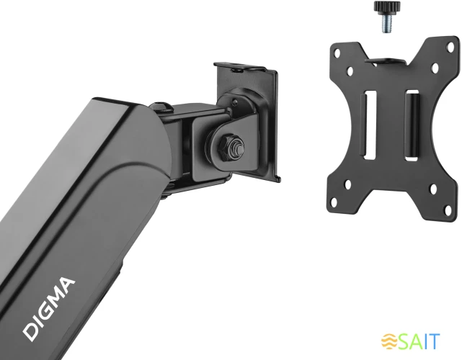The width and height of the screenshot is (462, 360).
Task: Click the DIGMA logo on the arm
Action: coord(48,308)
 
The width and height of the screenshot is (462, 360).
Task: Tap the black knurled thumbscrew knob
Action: coord(387,7)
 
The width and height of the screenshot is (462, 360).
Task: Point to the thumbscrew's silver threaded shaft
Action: coord(387,23)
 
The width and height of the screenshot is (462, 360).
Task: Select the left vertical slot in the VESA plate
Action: coord(370,125)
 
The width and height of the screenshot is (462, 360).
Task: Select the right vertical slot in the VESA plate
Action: coord(412,125)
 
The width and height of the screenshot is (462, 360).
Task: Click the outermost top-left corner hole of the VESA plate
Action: coord(337,53)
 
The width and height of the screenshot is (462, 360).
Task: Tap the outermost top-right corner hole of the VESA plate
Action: coord(451,47)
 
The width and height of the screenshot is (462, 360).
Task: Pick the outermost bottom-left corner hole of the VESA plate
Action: coord(334,202)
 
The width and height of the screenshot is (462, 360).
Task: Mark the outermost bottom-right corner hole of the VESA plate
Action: coord(448,210)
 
